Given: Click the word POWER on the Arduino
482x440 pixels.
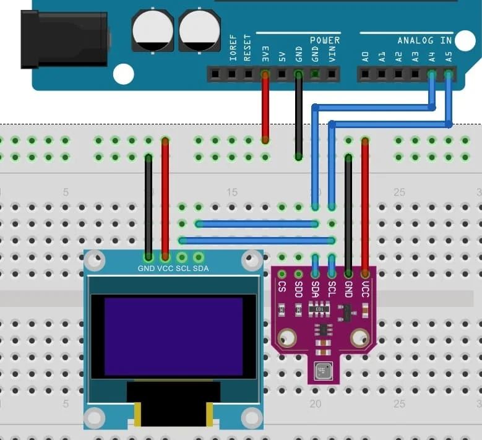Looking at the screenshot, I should click(x=324, y=40).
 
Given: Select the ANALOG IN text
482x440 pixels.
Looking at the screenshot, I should click(x=424, y=41).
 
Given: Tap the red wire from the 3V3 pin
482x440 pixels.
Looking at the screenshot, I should click(x=265, y=108).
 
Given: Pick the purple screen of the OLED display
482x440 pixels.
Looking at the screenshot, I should click(x=173, y=337).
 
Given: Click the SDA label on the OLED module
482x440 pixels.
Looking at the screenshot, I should click(x=201, y=269).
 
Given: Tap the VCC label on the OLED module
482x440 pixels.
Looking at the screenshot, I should click(x=165, y=269).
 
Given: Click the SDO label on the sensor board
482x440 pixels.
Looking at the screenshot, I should click(x=298, y=290).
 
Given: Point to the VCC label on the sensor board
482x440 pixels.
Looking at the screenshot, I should click(x=366, y=290).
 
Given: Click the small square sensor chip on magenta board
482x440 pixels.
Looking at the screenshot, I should click(x=324, y=371).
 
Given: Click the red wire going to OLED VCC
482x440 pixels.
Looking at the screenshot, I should click(x=165, y=198).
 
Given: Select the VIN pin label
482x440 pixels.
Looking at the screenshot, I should click(x=332, y=54).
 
